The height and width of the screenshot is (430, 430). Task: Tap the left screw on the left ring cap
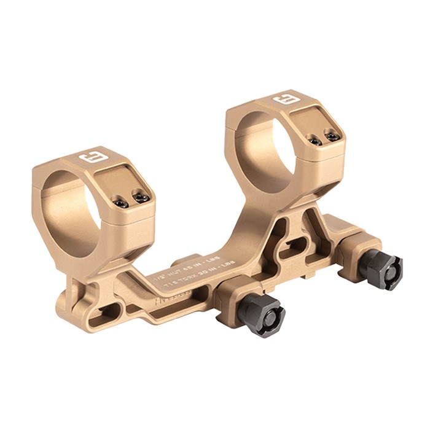122,203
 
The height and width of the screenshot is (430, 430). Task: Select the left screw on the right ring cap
315,141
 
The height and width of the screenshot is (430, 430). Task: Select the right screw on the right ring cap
332,137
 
